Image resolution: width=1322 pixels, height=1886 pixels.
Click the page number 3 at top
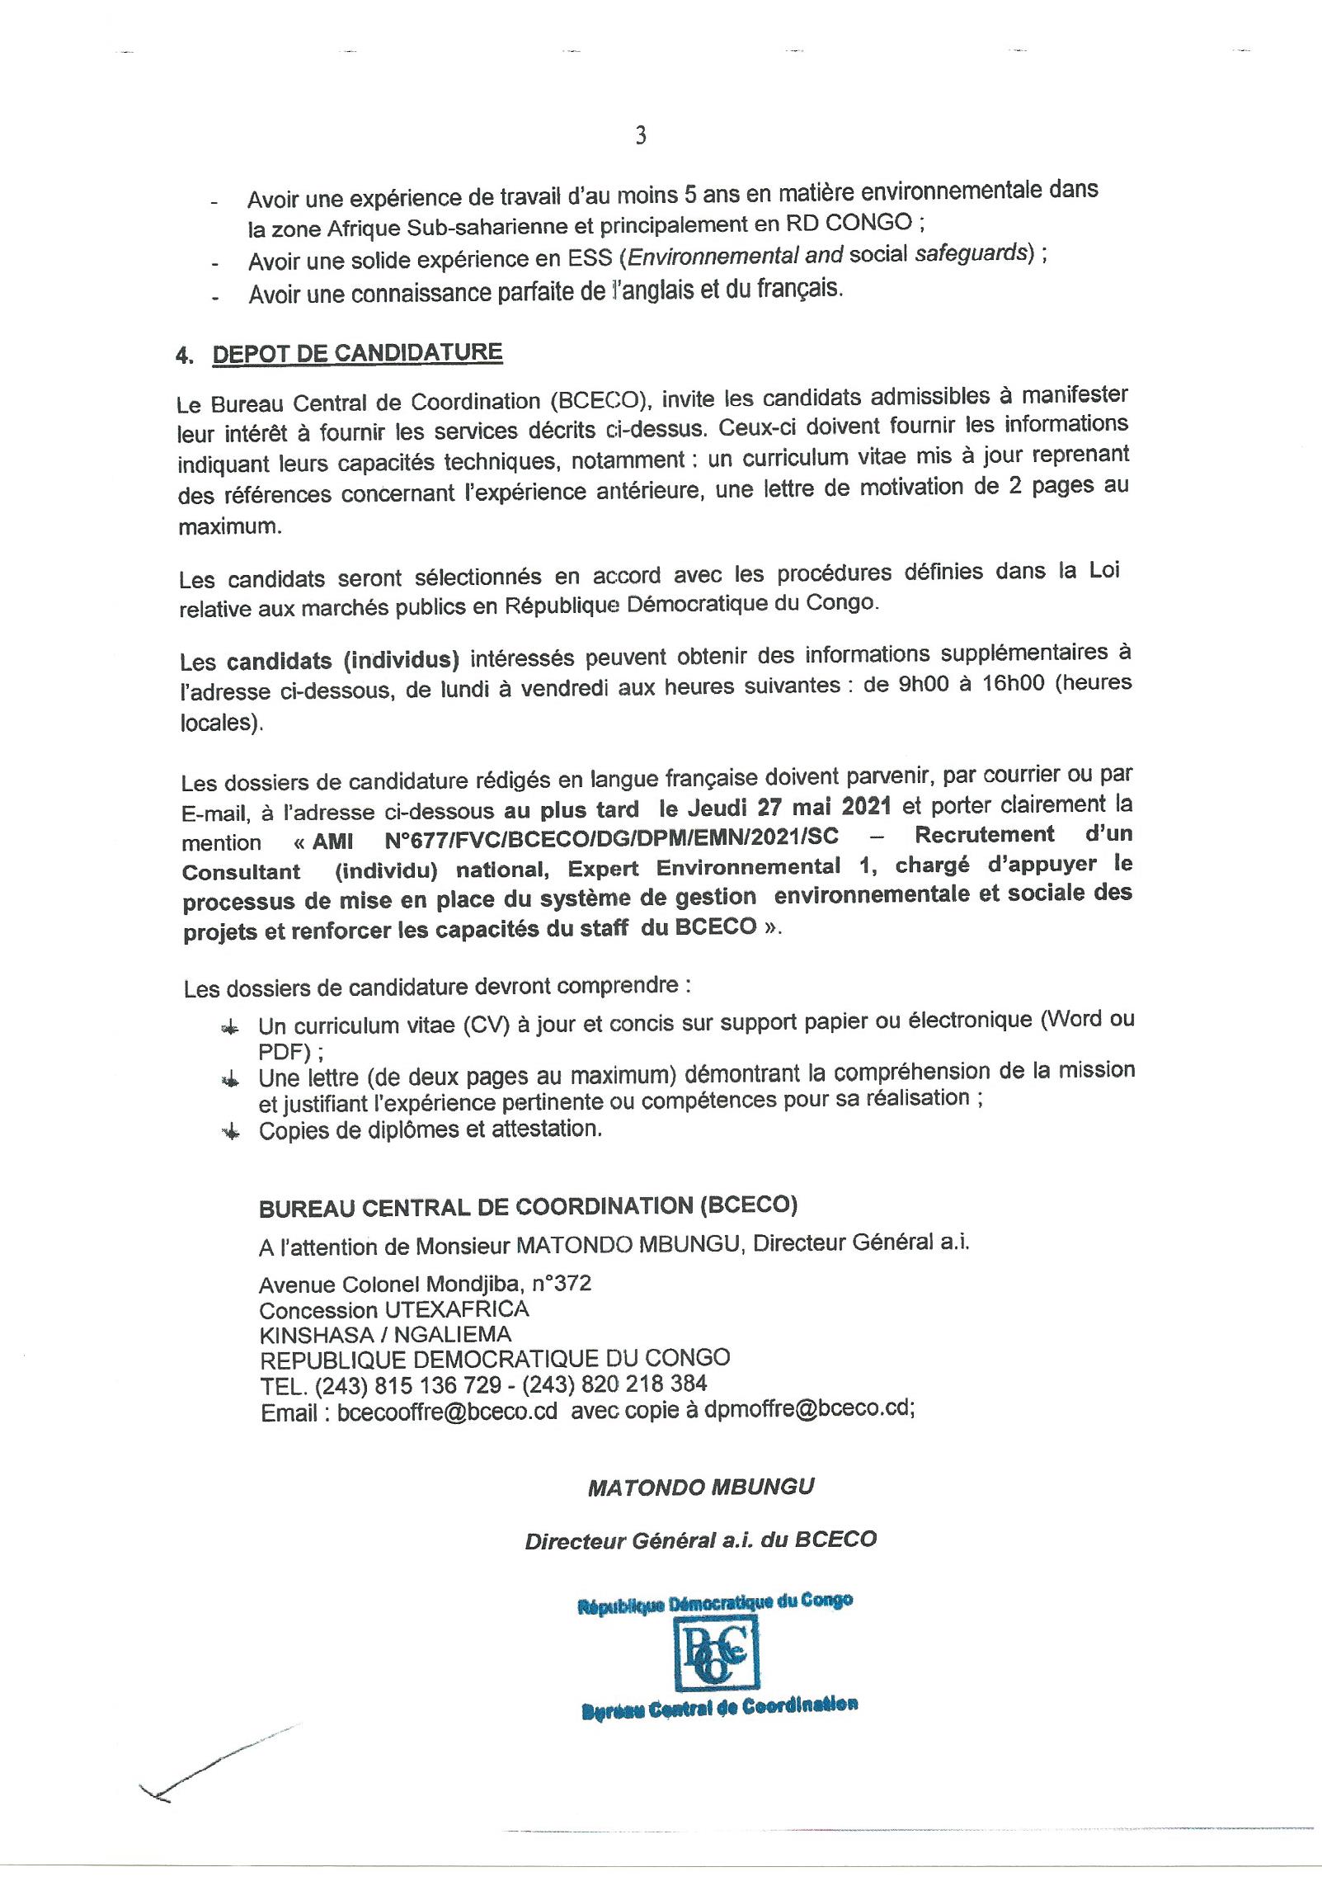(641, 135)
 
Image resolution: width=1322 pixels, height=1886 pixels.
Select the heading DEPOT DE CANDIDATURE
(357, 353)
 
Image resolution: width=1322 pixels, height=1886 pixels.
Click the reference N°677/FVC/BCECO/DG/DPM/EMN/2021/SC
(611, 837)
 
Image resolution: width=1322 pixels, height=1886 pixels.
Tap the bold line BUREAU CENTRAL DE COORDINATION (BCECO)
(528, 1207)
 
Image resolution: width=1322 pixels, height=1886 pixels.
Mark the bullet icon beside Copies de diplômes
(231, 1133)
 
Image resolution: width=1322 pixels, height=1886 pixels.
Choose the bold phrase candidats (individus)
(342, 660)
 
